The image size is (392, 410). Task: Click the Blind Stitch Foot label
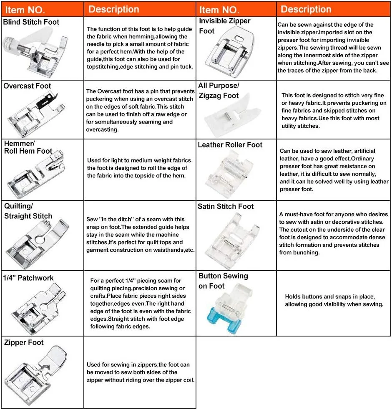(31, 22)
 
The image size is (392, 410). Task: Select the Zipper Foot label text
(24, 343)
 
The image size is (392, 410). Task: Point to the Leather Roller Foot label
(230, 145)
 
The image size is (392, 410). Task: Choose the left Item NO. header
(25, 10)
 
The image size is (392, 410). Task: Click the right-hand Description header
(306, 9)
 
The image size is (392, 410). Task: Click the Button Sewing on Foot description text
(334, 300)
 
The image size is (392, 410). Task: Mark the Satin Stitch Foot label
(225, 206)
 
